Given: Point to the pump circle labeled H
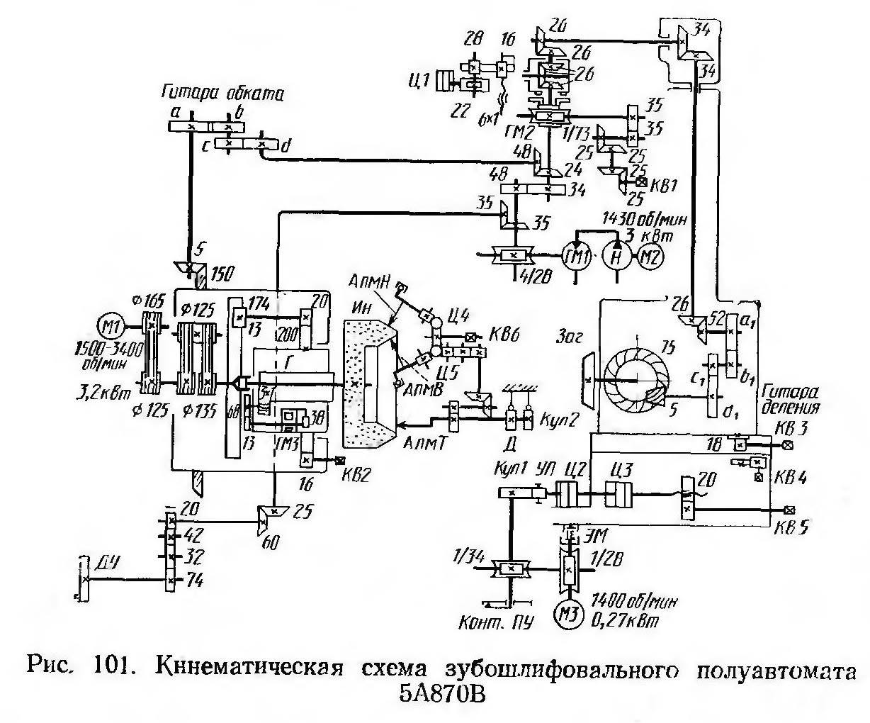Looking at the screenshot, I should pos(615,255).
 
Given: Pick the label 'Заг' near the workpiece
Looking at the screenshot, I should pos(569,339).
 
